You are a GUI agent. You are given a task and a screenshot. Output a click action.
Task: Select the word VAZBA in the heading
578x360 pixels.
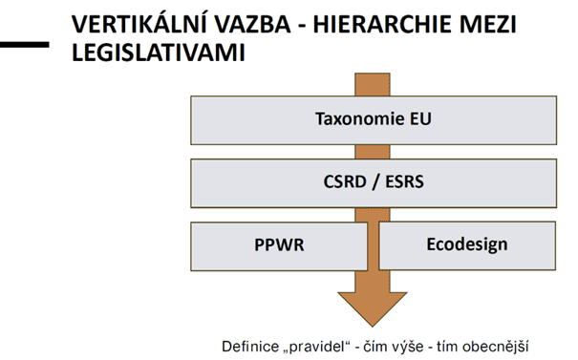tap(253, 25)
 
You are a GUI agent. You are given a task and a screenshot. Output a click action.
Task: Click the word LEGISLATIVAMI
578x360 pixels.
tap(159, 53)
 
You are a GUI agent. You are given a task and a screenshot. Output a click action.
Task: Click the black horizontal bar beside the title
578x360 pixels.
tap(24, 45)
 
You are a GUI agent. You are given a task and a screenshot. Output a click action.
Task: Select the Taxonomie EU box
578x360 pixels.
tap(374, 120)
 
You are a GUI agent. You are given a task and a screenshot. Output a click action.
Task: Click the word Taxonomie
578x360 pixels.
tap(354, 118)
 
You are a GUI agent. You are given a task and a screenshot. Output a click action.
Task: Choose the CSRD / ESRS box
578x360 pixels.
tap(374, 183)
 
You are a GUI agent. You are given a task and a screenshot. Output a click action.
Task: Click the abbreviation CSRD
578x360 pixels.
tap(345, 181)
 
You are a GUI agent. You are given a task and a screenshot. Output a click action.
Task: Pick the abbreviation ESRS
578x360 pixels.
tap(404, 181)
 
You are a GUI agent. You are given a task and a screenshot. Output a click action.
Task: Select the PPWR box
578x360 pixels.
tap(279, 246)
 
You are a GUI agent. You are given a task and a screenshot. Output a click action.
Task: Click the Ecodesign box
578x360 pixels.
tap(467, 245)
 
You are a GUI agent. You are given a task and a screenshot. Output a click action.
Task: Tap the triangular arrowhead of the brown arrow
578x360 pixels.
tap(373, 308)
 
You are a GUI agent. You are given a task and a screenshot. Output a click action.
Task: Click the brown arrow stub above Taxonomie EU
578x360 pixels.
tap(373, 84)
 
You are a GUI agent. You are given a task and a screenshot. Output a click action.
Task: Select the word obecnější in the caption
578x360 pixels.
tap(496, 347)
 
